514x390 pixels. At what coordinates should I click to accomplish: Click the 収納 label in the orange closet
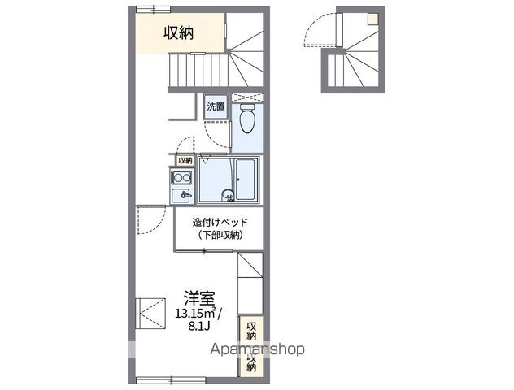tap(178, 32)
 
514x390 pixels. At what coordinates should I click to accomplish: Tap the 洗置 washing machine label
tap(215, 106)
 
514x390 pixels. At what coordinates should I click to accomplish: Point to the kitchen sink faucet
tap(185, 195)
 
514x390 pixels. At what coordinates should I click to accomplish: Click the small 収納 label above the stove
tap(185, 160)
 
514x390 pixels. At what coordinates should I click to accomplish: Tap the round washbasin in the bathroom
tap(229, 194)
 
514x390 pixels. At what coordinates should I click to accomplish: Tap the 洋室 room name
tap(198, 297)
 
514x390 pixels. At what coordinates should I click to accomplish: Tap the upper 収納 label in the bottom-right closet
tap(251, 331)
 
